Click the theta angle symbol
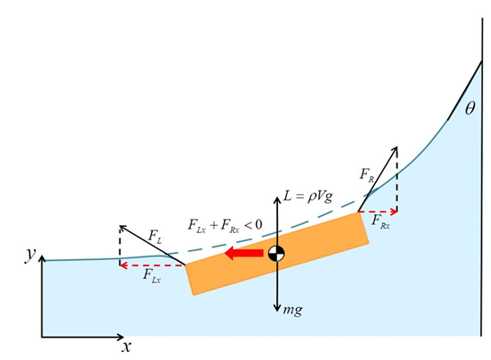469,108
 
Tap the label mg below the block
293,310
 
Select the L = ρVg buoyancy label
308,196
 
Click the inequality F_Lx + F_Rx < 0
225,225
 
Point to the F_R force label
367,175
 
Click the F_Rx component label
380,221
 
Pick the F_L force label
156,237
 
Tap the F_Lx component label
152,276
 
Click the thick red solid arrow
245,253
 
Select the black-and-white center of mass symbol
276,254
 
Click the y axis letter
31,254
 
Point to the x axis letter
126,347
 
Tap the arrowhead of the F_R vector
396,148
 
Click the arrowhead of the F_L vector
122,227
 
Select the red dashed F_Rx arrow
378,211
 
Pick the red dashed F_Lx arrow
153,265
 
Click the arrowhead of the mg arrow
277,309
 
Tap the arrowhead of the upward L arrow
277,200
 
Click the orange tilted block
277,254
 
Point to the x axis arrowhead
121,337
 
